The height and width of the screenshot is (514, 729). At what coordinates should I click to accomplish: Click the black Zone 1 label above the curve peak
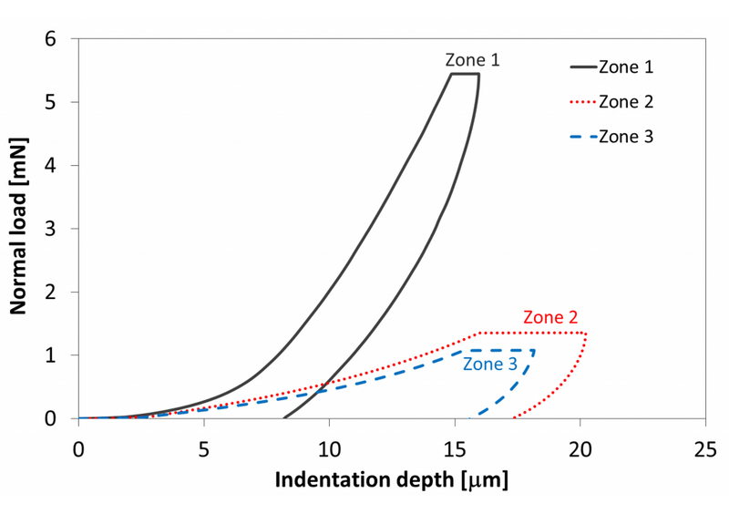[472, 60]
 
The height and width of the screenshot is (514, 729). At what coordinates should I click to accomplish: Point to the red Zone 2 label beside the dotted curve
[550, 318]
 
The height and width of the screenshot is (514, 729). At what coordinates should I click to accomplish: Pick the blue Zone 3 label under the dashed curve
[489, 365]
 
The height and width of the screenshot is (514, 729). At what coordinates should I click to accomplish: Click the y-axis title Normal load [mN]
[18, 226]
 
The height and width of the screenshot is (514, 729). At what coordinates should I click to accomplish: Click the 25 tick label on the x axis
[704, 449]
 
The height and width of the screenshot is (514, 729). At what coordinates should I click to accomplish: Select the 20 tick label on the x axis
[580, 449]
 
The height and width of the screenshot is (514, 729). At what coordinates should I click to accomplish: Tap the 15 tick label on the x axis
[455, 449]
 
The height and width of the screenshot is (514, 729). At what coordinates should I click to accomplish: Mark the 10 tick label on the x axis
[329, 449]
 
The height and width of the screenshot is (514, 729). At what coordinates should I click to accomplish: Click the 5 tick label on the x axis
[204, 449]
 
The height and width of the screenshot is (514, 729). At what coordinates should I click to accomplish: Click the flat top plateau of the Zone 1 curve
[465, 75]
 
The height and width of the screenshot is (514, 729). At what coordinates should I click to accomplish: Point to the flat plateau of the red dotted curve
[532, 333]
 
